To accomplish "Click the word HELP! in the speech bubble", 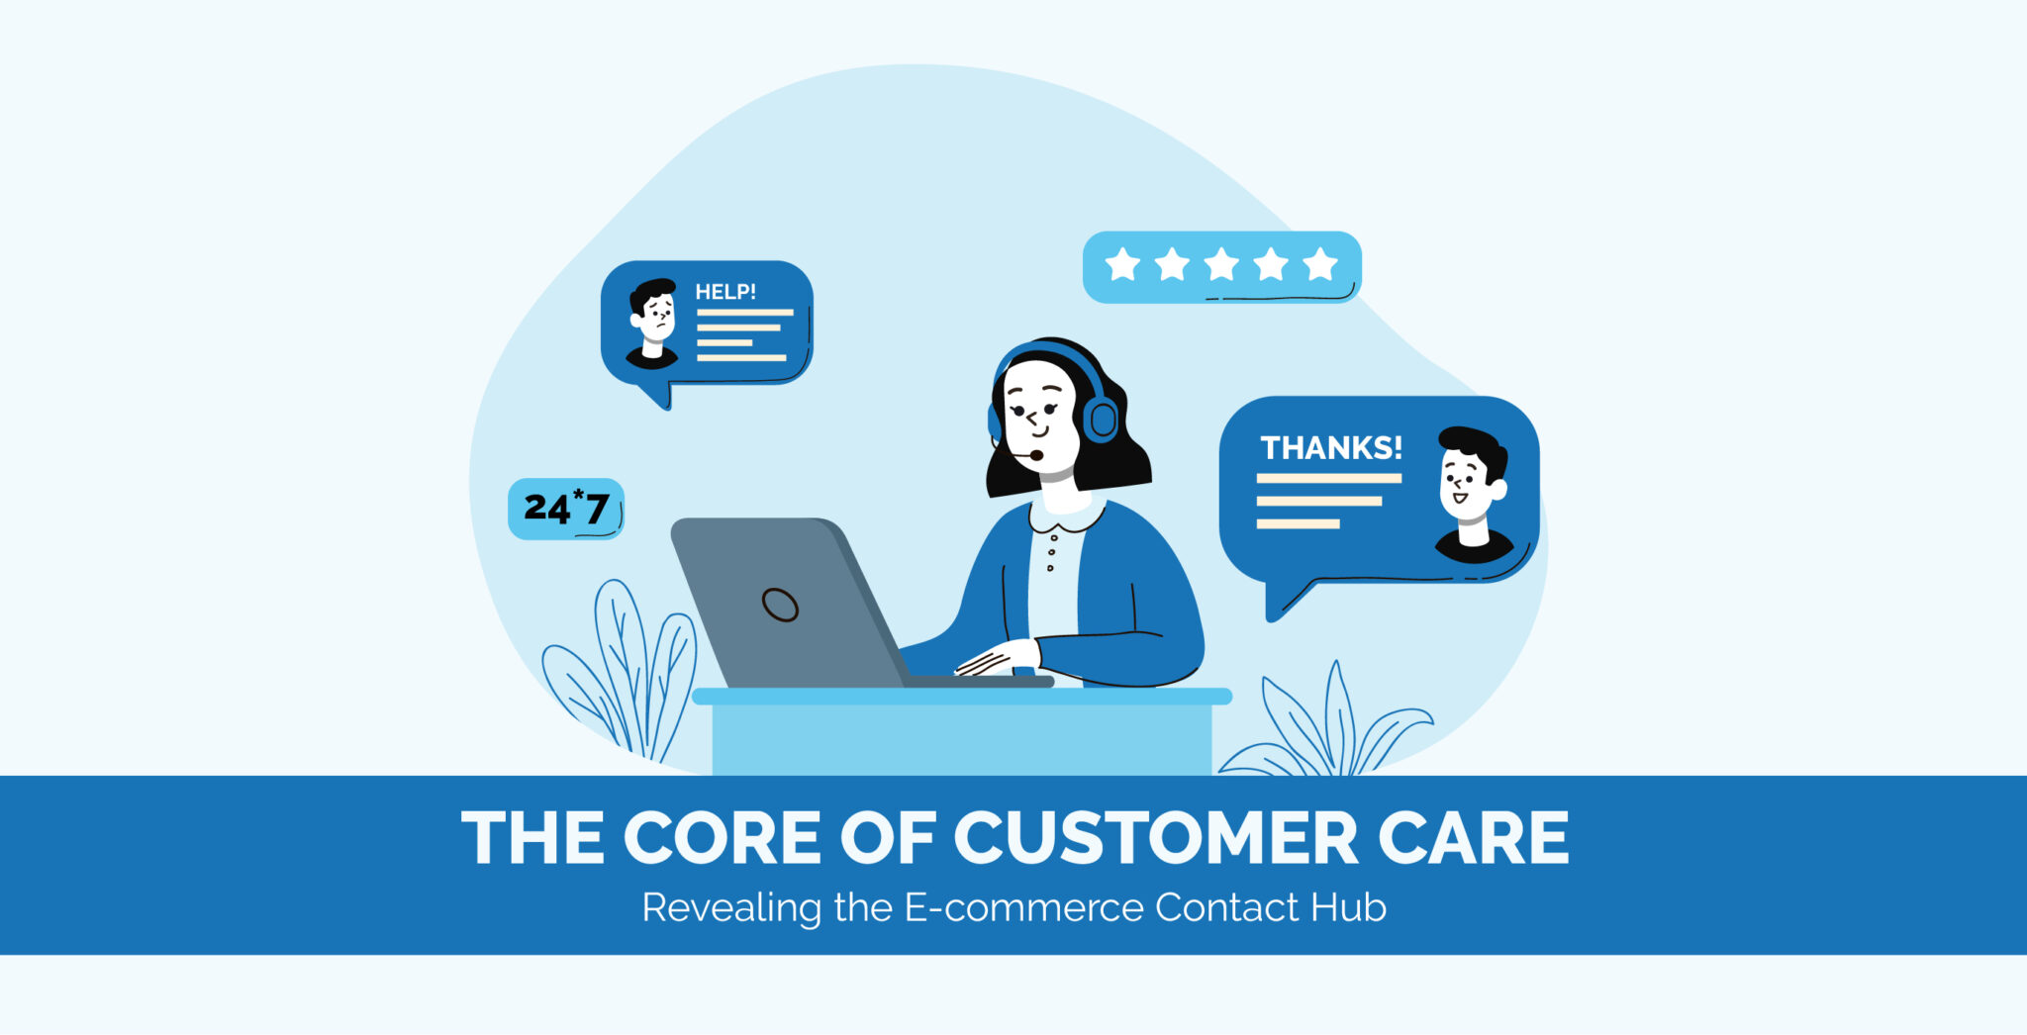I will click(x=724, y=292).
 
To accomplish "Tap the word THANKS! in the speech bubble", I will click(x=1330, y=448).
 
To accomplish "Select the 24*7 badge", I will click(x=565, y=509).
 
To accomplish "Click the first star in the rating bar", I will click(x=1122, y=265).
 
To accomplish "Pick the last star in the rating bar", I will click(x=1320, y=265).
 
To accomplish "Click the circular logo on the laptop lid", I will click(x=780, y=604).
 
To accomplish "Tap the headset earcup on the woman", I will click(x=1102, y=420).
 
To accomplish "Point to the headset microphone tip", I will click(x=1036, y=455).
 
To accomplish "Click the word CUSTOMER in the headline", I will click(x=1156, y=839).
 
